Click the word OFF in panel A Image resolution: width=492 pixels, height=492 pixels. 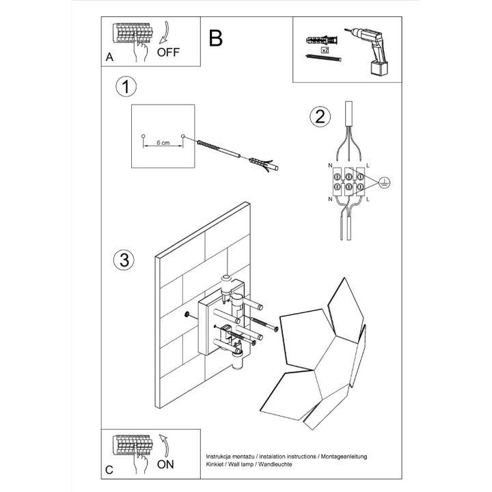click(x=168, y=52)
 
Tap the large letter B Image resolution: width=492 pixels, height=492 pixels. click(x=215, y=38)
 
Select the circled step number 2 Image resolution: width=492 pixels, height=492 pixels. click(x=318, y=117)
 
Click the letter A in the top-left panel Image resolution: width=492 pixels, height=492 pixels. click(x=109, y=58)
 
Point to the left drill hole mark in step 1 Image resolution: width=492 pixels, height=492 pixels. click(x=143, y=137)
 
